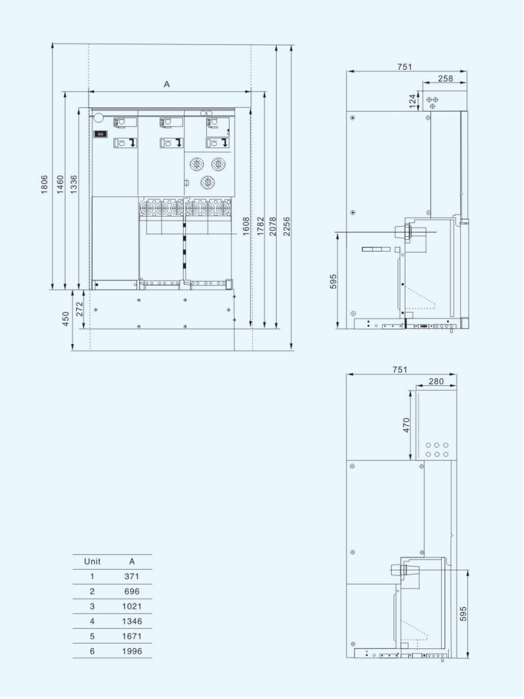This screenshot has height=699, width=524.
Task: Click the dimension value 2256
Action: pyautogui.click(x=287, y=227)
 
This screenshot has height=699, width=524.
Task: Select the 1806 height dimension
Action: pyautogui.click(x=44, y=184)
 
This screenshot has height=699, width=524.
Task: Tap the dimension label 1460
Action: pyautogui.click(x=60, y=184)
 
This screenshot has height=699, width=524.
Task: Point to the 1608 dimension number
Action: pyautogui.click(x=246, y=227)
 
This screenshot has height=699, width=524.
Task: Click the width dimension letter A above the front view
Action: pyautogui.click(x=167, y=84)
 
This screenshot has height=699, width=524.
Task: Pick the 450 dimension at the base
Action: pyautogui.click(x=66, y=318)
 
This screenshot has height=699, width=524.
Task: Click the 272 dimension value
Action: pyautogui.click(x=79, y=309)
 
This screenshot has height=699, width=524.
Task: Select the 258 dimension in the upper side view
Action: pyautogui.click(x=445, y=79)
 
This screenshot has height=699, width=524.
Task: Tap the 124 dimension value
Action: pyautogui.click(x=413, y=101)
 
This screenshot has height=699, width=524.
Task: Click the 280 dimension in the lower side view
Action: pyautogui.click(x=436, y=381)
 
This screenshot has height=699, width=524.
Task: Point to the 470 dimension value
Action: pyautogui.click(x=406, y=425)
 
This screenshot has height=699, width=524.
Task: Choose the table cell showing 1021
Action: pyautogui.click(x=132, y=607)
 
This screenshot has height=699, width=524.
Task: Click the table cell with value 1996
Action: pyautogui.click(x=132, y=651)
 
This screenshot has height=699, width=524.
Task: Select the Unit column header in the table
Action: pyautogui.click(x=92, y=561)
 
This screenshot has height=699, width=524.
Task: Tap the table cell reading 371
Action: pyautogui.click(x=132, y=576)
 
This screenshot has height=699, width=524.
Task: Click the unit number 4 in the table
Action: pyautogui.click(x=92, y=621)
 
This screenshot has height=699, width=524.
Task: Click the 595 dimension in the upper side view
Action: pyautogui.click(x=333, y=282)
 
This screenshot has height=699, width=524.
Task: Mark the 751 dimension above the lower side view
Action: pyautogui.click(x=400, y=370)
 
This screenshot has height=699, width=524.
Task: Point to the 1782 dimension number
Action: pyautogui.click(x=261, y=227)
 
